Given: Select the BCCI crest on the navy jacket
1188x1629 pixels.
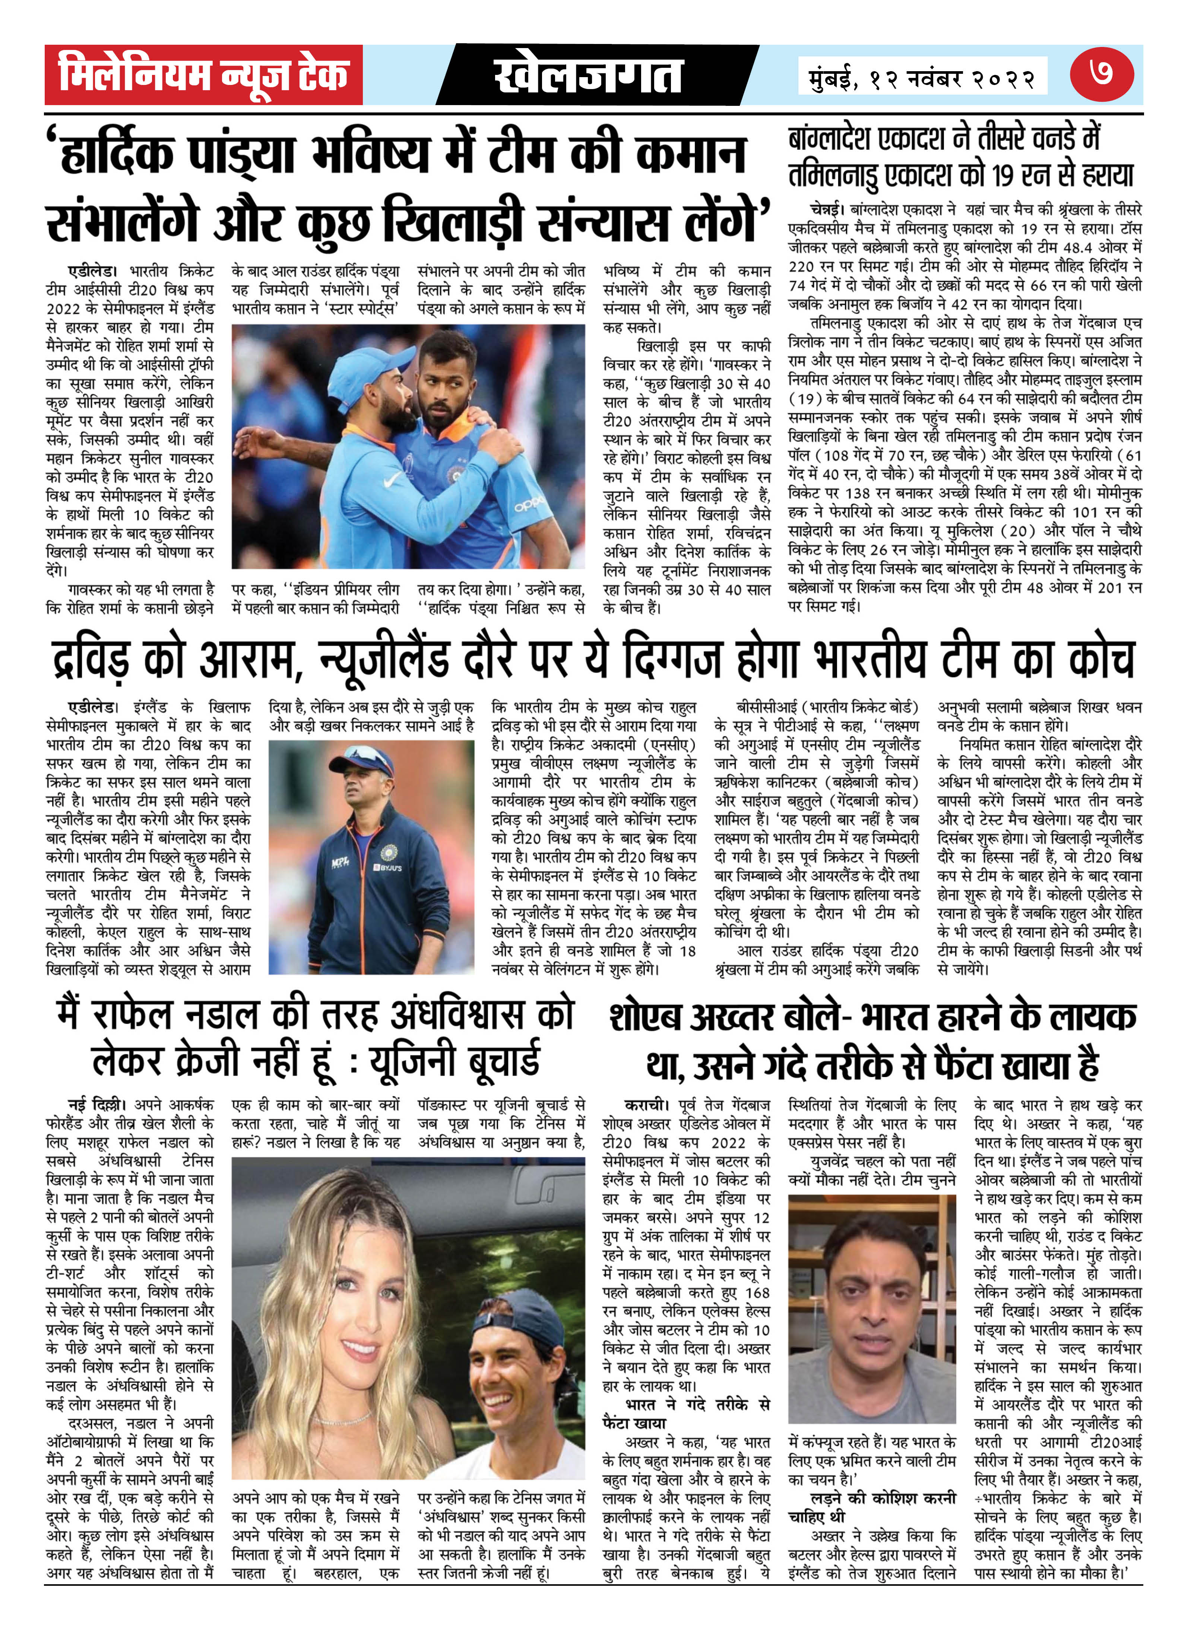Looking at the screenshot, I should pos(389,851).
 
